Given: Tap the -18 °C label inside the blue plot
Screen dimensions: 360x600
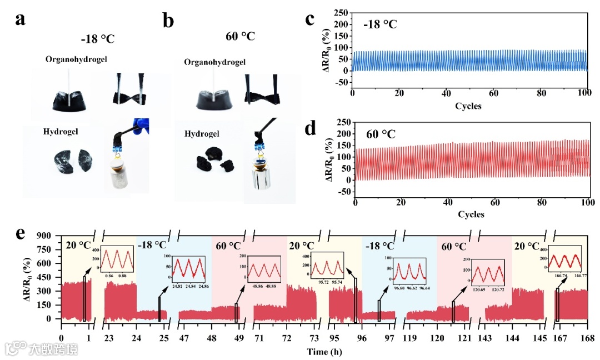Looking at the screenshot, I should pos(381,24).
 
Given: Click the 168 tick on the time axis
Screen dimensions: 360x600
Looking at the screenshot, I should pos(588,338).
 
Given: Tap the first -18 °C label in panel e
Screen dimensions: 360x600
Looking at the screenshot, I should pos(152,244).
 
